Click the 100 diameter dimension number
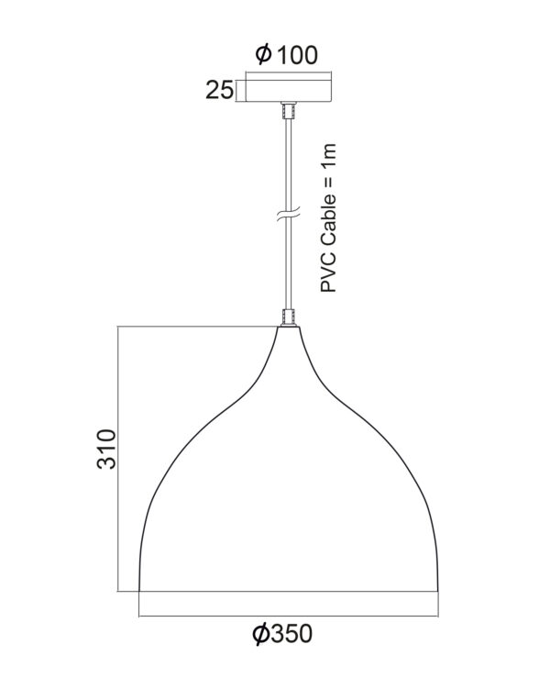pos(297,55)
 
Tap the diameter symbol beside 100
pos(264,54)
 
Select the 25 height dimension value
pos(219,91)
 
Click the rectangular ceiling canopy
pos(289,91)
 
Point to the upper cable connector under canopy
pos(289,110)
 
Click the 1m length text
pos(328,155)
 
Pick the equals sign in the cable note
pos(328,179)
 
